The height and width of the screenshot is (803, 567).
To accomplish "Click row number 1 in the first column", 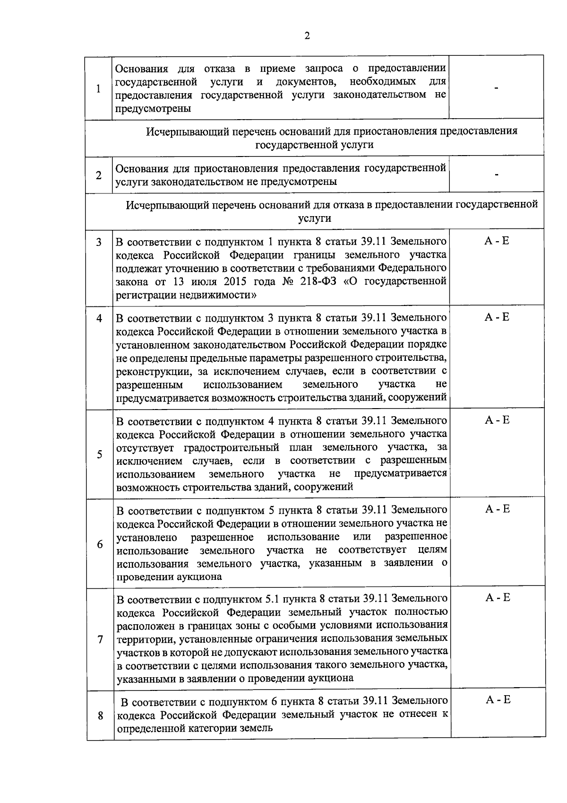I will [98, 88].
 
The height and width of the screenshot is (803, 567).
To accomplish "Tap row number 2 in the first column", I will [98, 175].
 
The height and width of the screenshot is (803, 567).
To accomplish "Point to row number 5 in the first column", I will [99, 454].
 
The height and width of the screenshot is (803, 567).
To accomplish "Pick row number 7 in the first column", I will [100, 639].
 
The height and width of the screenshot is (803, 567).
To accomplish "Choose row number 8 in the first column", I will [100, 716].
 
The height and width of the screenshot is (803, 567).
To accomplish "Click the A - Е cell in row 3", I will [497, 241].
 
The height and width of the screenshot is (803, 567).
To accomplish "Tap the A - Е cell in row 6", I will [498, 509].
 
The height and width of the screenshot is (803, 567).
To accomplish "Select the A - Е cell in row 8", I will [498, 700].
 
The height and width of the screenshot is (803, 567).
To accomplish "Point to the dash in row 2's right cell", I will [497, 175].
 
